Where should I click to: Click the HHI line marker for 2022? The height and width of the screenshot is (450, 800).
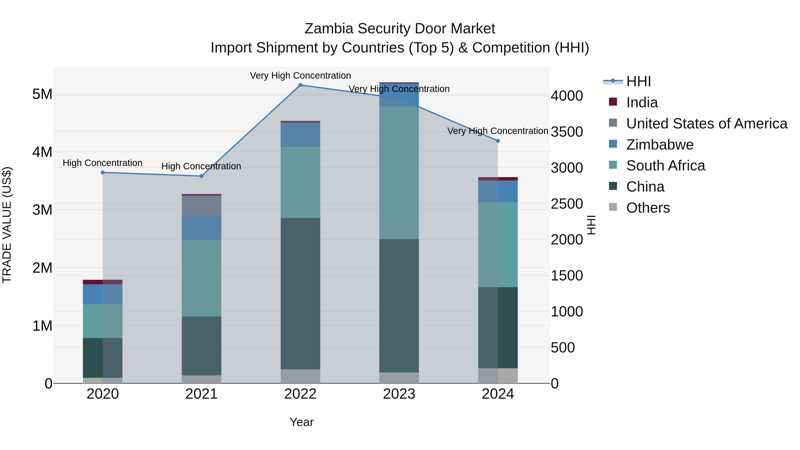(x=300, y=85)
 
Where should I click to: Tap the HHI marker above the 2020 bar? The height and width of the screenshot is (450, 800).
(x=103, y=172)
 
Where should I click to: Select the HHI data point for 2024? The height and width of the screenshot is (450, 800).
(x=498, y=141)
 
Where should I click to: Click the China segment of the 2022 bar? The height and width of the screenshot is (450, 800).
(x=300, y=294)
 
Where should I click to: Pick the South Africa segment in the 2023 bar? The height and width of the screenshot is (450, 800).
(x=399, y=173)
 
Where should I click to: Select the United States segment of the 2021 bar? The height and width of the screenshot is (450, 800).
(x=202, y=206)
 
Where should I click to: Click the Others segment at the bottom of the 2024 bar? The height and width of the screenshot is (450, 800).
(x=498, y=376)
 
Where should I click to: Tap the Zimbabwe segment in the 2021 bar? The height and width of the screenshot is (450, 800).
(x=202, y=228)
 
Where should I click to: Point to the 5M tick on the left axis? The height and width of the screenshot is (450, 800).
(x=42, y=94)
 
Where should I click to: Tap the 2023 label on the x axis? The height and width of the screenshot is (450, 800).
(x=399, y=394)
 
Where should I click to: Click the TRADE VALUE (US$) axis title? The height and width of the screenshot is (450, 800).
(x=7, y=225)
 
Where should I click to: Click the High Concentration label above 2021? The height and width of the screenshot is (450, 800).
(x=201, y=166)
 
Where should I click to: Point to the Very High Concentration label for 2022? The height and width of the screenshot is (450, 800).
(x=300, y=76)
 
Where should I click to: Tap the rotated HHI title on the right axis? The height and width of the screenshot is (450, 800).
(x=591, y=225)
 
